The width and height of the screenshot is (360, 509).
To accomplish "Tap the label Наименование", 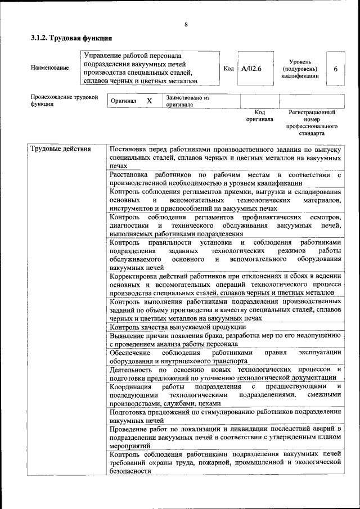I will coord(51,68).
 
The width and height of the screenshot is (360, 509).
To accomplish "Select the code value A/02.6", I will coord(251,69).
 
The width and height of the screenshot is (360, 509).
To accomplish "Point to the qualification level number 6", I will coord(335,69).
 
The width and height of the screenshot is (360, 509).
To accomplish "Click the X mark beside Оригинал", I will coord(149,101).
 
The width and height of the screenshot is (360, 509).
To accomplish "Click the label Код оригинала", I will coord(259,116).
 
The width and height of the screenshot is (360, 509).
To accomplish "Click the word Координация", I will coord(130,386).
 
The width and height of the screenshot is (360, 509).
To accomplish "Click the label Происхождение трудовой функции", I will coord(64,101).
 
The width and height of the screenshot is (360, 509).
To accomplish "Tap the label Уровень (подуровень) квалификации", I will coord(300,69).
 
